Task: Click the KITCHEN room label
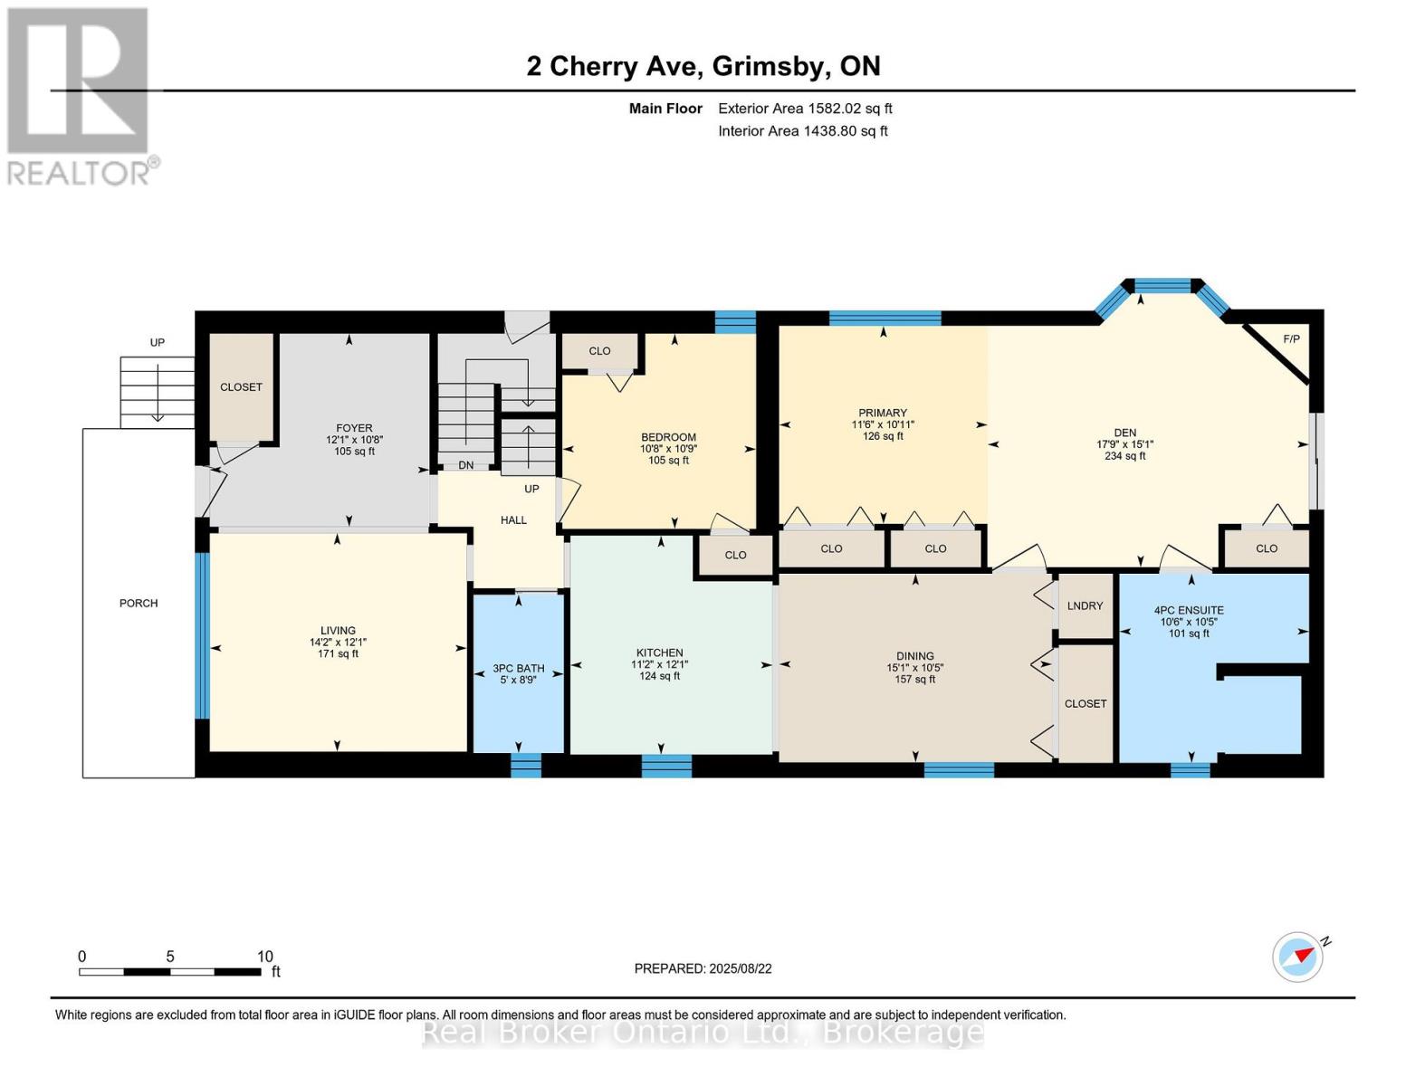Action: (x=659, y=653)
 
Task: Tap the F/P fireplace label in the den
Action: (x=1291, y=339)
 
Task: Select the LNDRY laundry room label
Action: (x=1086, y=605)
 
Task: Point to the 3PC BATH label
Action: (x=518, y=668)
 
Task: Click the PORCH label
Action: (x=139, y=603)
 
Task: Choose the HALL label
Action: (x=513, y=520)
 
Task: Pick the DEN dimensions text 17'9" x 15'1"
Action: (x=1125, y=444)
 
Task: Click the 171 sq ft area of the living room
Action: (x=338, y=654)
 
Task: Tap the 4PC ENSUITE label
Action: (x=1189, y=610)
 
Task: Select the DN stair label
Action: (x=466, y=465)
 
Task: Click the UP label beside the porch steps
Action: (x=158, y=342)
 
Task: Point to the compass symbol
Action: (x=1297, y=957)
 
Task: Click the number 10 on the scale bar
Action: (x=264, y=957)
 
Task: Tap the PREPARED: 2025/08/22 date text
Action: (x=703, y=969)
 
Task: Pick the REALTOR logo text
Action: (x=78, y=174)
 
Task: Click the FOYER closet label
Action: (x=241, y=386)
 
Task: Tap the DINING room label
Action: (x=915, y=656)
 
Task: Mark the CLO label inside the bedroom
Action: (x=599, y=350)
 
